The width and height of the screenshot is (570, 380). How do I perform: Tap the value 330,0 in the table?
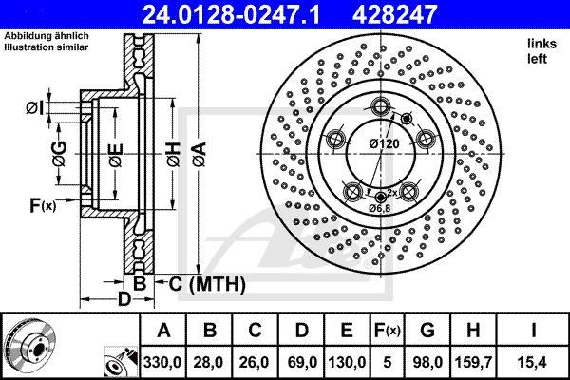[x=163, y=362]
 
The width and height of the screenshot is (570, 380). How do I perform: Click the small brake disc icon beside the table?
[x=26, y=346]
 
